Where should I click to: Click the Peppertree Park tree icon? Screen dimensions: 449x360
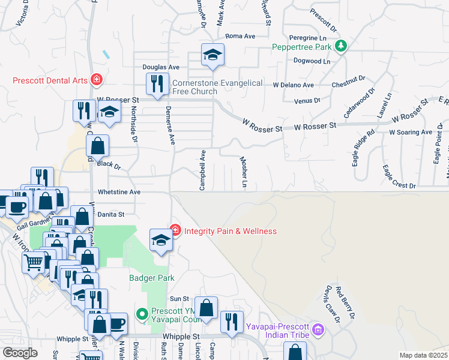342,47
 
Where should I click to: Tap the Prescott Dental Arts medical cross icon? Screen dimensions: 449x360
96,80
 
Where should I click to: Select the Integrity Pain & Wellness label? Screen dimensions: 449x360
230,231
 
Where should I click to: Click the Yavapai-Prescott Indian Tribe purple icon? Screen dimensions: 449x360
318,329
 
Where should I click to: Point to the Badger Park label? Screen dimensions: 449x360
151,278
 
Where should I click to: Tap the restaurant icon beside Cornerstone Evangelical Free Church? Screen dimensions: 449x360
157,84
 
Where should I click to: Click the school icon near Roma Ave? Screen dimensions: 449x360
212,55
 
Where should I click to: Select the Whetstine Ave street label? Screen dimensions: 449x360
119,192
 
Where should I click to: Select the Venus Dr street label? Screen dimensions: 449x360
307,101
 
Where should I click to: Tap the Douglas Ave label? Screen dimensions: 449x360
161,67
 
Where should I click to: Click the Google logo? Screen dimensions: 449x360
20,352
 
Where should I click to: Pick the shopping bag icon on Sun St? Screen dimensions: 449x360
206,308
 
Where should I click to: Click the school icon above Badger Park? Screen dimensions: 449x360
161,239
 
